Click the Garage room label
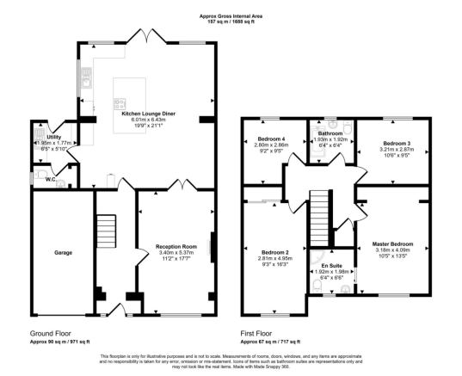coord(63,252)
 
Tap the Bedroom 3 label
coord(397,143)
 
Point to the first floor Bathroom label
coord(330,134)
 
